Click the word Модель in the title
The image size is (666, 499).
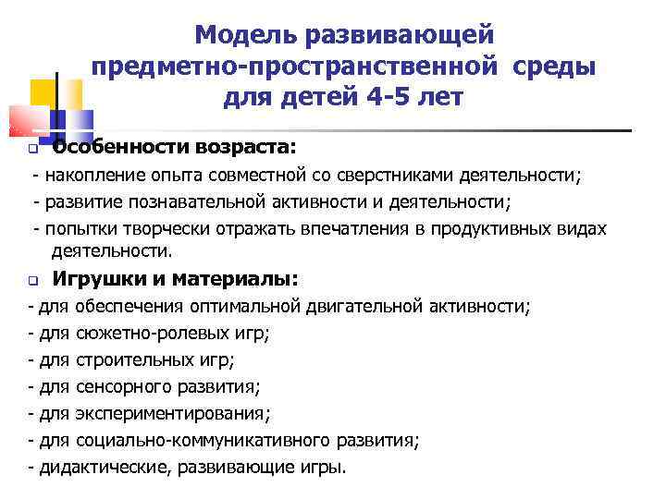coord(239,35)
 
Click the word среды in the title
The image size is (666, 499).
coord(552,67)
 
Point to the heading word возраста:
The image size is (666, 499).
coord(245,146)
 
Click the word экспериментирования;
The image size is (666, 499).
coord(163,413)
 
